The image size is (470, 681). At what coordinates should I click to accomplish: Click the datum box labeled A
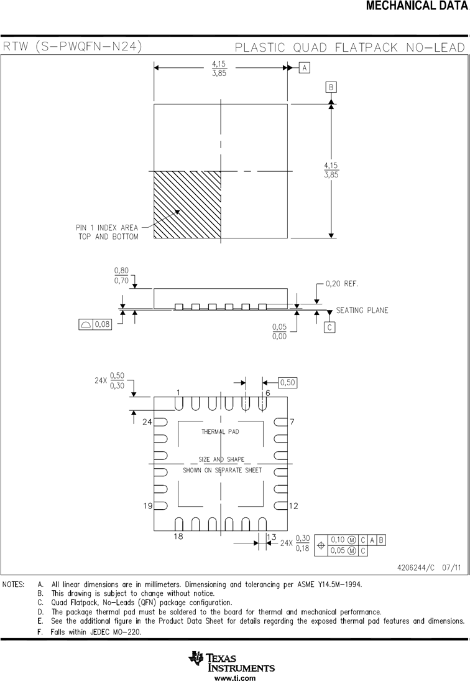305,68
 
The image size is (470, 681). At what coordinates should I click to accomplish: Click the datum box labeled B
331,87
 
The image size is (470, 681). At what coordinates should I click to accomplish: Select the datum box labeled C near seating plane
329,327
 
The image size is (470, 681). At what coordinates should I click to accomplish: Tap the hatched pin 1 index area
187,205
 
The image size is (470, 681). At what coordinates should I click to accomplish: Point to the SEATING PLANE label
362,310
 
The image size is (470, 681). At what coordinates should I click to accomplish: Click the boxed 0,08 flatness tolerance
95,324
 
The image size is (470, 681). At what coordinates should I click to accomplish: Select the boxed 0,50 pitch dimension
287,383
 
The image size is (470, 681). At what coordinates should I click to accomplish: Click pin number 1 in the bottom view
178,393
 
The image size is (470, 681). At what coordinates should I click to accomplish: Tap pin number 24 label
147,421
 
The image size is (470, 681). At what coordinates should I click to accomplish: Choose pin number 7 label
292,421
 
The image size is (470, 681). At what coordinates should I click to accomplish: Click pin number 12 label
293,505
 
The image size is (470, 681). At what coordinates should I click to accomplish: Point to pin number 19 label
147,505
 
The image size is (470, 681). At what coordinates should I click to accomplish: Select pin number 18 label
178,537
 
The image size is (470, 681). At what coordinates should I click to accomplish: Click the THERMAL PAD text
220,431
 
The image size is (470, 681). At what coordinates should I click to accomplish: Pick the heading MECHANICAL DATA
417,6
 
